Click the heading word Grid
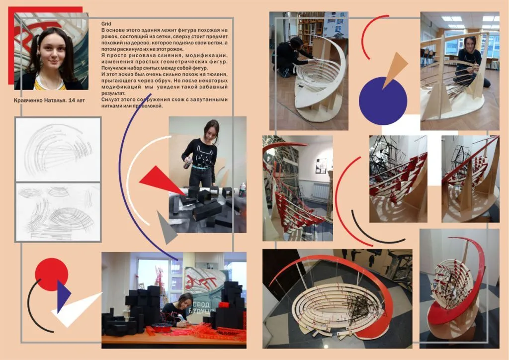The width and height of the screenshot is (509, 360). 106,24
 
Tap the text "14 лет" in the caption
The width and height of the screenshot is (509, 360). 77,100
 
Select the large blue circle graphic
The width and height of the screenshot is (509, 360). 383,101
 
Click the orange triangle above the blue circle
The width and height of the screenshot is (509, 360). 394,69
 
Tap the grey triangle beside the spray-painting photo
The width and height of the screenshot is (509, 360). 166,227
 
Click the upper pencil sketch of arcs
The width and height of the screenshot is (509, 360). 58,150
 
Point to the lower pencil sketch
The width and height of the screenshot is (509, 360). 58,212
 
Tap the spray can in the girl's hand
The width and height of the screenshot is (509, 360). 187,162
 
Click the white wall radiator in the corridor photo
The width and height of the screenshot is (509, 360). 321,191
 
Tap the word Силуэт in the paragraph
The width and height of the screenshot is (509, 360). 110,99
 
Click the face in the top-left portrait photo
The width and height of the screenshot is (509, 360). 51,51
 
